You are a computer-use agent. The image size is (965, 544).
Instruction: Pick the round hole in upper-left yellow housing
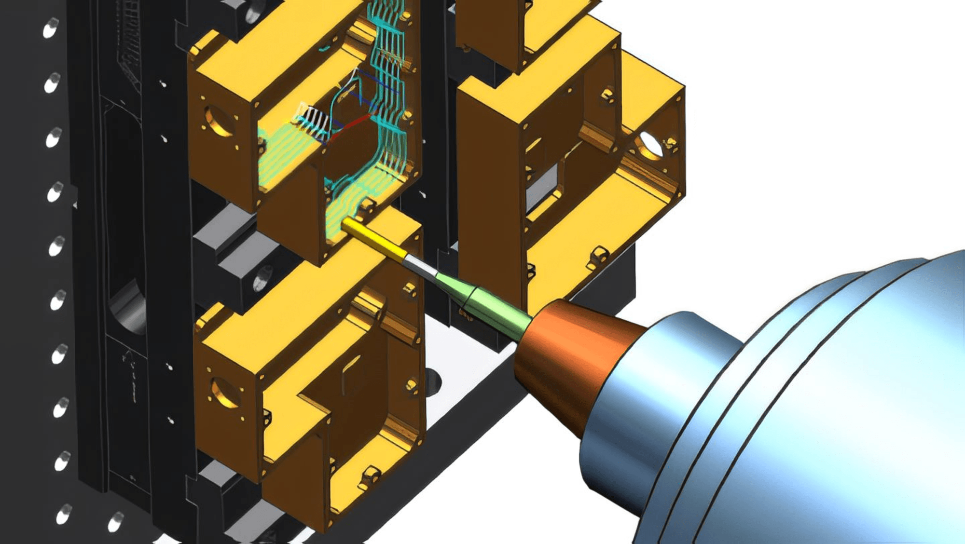tap(217, 120)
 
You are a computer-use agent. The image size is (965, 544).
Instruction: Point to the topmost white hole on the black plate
tap(50, 28)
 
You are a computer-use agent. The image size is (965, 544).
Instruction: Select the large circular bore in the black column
tap(128, 309)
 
